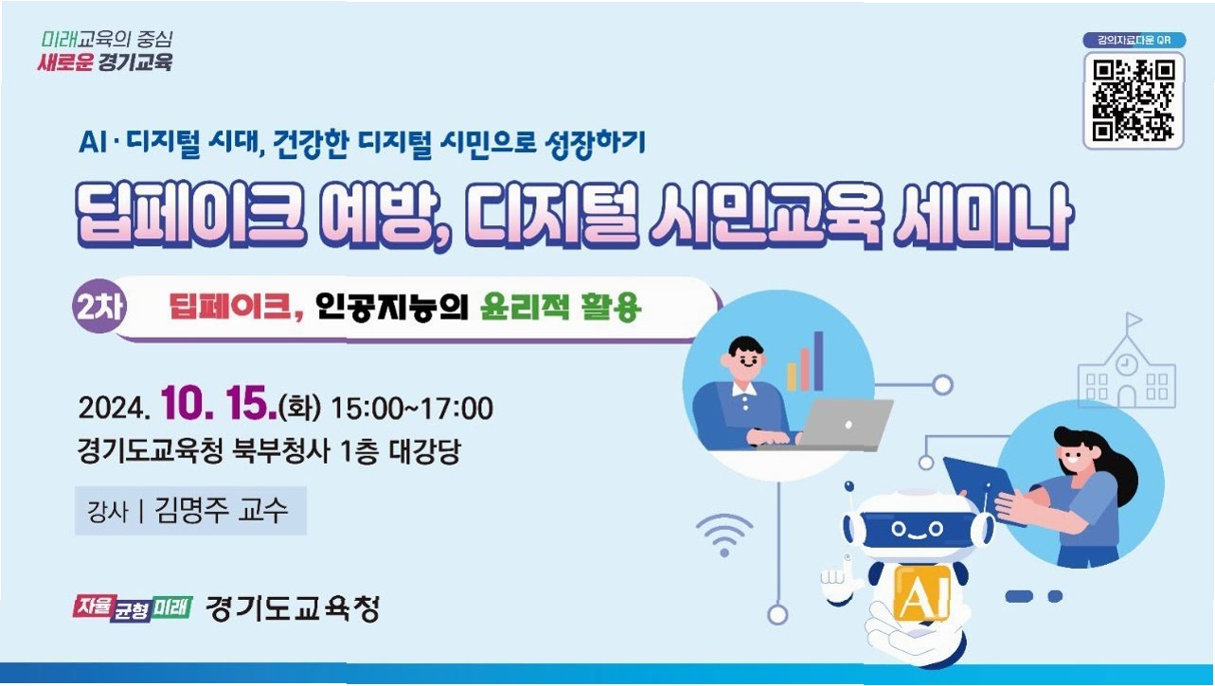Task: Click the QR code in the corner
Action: (1134, 101)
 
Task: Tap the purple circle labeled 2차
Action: (99, 307)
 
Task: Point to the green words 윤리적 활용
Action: (561, 308)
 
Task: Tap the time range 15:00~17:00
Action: (412, 409)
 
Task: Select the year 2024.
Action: (114, 408)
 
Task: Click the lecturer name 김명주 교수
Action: (221, 510)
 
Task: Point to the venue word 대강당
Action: (424, 450)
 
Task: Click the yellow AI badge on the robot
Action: (921, 592)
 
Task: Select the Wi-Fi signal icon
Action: (724, 535)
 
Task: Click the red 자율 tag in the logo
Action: (94, 607)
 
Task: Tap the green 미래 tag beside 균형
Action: (172, 607)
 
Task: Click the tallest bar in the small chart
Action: (818, 361)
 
